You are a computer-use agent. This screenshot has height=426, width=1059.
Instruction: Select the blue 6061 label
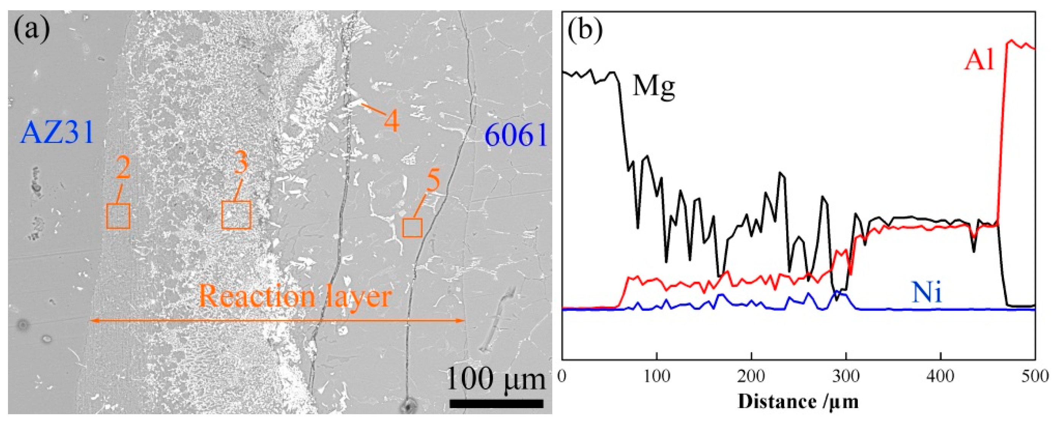516,135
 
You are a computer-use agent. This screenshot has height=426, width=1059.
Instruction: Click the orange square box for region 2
119,216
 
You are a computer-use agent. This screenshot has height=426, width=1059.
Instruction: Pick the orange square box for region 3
236,215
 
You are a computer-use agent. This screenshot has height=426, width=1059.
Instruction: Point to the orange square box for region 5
412,228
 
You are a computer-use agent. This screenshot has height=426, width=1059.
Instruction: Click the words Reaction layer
294,296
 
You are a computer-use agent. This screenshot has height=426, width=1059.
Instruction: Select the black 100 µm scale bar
496,403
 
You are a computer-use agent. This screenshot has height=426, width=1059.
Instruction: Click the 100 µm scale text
495,379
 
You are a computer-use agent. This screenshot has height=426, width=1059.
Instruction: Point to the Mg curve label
654,87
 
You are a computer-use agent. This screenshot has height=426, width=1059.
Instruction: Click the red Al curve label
980,61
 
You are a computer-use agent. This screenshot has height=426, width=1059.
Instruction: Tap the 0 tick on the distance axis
563,377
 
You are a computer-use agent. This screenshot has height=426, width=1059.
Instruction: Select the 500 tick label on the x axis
1035,377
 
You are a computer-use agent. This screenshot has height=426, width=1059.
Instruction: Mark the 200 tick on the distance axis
751,377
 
